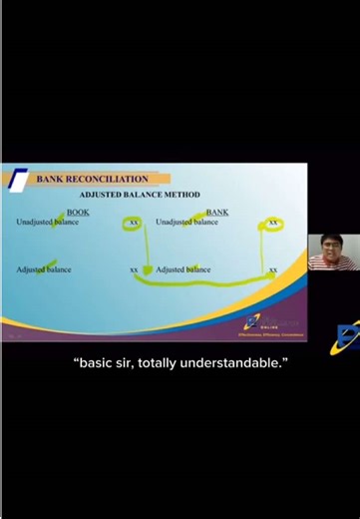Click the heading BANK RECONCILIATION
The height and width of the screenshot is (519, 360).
[x=92, y=179]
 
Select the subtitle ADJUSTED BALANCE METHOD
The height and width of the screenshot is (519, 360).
[x=140, y=194]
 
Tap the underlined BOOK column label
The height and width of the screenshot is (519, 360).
[x=78, y=212]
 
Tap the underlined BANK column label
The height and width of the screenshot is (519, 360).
[x=217, y=212]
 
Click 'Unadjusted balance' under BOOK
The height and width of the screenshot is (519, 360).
[x=47, y=222]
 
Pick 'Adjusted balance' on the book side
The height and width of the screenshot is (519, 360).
[x=44, y=269]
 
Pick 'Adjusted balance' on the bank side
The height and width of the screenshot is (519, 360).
[x=183, y=269]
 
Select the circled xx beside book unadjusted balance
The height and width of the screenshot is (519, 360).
[x=134, y=222]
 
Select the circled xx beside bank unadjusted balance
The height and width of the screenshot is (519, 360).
[x=272, y=222]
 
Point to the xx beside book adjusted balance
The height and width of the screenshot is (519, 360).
[x=134, y=269]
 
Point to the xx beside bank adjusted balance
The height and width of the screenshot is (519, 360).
[x=272, y=269]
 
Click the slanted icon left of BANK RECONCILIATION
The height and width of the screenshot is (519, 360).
[x=19, y=181]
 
